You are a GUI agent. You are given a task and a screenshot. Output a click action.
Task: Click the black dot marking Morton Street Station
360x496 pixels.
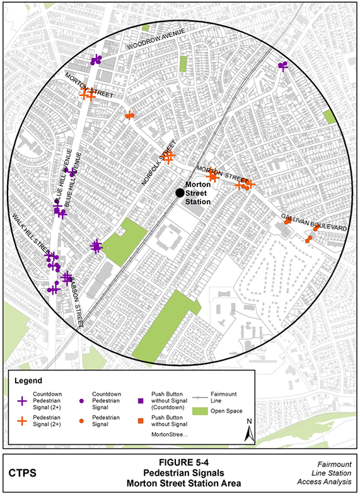pyautogui.click(x=180, y=192)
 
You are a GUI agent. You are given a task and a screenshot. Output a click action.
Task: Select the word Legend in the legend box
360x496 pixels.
pyautogui.click(x=28, y=381)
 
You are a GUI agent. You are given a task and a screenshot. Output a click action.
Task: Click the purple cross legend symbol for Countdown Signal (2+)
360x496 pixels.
pyautogui.click(x=22, y=400)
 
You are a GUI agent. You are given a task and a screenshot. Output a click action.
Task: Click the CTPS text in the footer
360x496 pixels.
pyautogui.click(x=23, y=472)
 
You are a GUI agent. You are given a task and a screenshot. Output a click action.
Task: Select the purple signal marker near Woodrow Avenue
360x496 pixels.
pyautogui.click(x=96, y=60)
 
